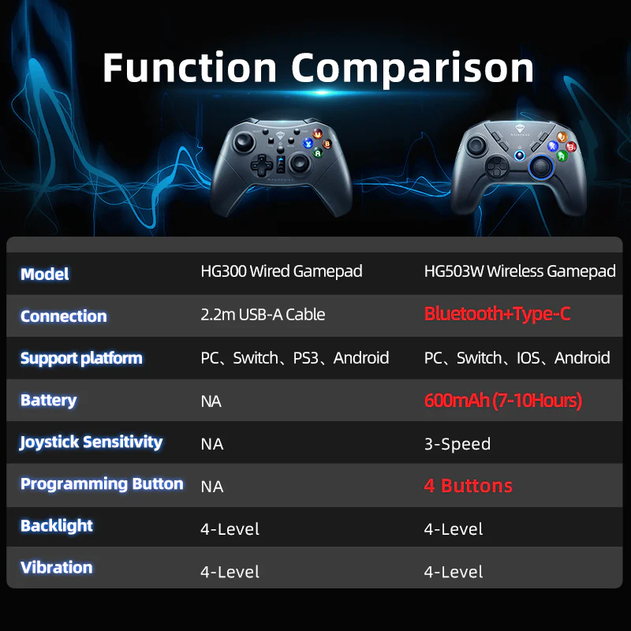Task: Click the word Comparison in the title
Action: point(413,69)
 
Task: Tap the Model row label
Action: point(44,274)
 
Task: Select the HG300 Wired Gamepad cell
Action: point(282,271)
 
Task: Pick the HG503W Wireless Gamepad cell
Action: point(520,271)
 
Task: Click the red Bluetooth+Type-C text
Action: point(497,314)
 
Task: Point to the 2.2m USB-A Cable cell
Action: point(263,314)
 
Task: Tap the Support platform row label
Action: point(81,358)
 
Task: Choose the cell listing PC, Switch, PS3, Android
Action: point(295,358)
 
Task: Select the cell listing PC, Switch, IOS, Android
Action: point(517,358)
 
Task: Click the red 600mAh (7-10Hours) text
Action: point(502,401)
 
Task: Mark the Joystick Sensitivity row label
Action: point(91,442)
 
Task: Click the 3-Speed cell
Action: point(457,444)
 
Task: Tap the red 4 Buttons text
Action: point(469,486)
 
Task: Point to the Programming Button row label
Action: point(102,484)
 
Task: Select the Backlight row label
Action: point(57,525)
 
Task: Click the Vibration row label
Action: point(57,567)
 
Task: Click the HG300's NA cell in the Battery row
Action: point(211,401)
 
